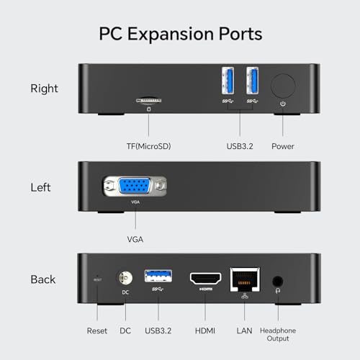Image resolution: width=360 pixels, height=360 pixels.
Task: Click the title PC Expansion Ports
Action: tap(180, 34)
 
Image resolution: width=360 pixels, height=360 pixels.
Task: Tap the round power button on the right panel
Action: tap(283, 86)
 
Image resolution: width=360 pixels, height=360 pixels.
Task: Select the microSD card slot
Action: tap(149, 102)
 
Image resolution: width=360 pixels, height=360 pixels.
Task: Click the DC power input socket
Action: tap(125, 278)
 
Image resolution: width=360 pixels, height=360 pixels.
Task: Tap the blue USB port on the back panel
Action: tap(157, 275)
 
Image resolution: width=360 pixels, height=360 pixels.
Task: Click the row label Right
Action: tap(44, 89)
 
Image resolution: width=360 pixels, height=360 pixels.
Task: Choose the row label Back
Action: tap(42, 279)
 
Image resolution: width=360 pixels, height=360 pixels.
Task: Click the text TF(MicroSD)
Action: tap(149, 146)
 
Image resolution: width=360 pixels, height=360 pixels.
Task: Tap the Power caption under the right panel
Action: tap(283, 146)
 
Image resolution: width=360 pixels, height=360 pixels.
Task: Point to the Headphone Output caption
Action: tap(276, 335)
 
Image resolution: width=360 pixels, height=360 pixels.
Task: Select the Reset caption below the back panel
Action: tap(96, 330)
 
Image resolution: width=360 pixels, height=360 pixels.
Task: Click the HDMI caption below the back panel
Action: tap(205, 330)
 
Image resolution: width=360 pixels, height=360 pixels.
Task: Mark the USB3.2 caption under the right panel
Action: tap(240, 146)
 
